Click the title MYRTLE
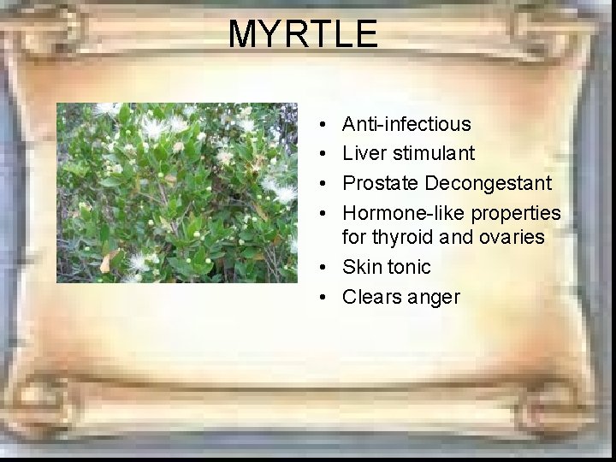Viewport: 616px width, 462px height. point(302,34)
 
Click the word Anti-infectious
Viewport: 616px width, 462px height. point(406,124)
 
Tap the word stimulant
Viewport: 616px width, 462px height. point(434,153)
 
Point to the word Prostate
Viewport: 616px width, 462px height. point(380,183)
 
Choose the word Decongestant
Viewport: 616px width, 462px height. point(488,183)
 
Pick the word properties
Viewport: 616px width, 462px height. point(515,213)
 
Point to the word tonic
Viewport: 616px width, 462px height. point(409,267)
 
